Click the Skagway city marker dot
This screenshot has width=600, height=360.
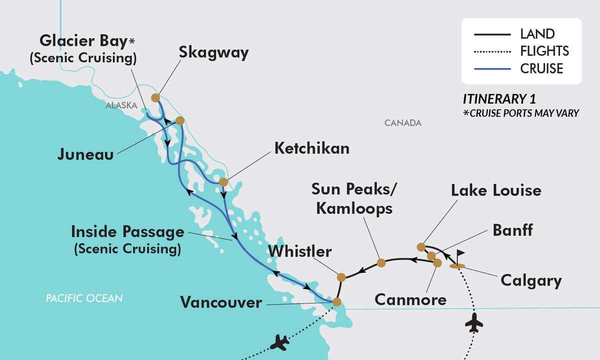pyautogui.click(x=155, y=97)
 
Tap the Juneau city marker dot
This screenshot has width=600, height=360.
pyautogui.click(x=180, y=120)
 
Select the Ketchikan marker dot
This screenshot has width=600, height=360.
pyautogui.click(x=223, y=182)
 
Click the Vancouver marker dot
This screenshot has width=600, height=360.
pyautogui.click(x=337, y=302)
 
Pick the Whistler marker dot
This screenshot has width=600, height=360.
pyautogui.click(x=341, y=277)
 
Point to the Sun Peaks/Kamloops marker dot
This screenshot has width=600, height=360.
pyautogui.click(x=381, y=262)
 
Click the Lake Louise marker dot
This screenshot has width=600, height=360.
pyautogui.click(x=421, y=246)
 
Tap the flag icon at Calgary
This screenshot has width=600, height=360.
pyautogui.click(x=459, y=254)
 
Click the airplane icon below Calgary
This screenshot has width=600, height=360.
pyautogui.click(x=474, y=324)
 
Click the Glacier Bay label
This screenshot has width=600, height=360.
pyautogui.click(x=82, y=41)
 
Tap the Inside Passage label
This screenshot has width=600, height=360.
pyautogui.click(x=127, y=232)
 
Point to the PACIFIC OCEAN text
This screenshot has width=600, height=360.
pyautogui.click(x=84, y=298)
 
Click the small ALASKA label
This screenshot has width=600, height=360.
pyautogui.click(x=121, y=105)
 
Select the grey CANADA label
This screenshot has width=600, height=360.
pyautogui.click(x=403, y=122)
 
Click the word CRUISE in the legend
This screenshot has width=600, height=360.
pyautogui.click(x=541, y=68)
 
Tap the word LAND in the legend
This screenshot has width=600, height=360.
pyautogui.click(x=537, y=34)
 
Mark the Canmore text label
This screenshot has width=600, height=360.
pyautogui.click(x=410, y=300)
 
